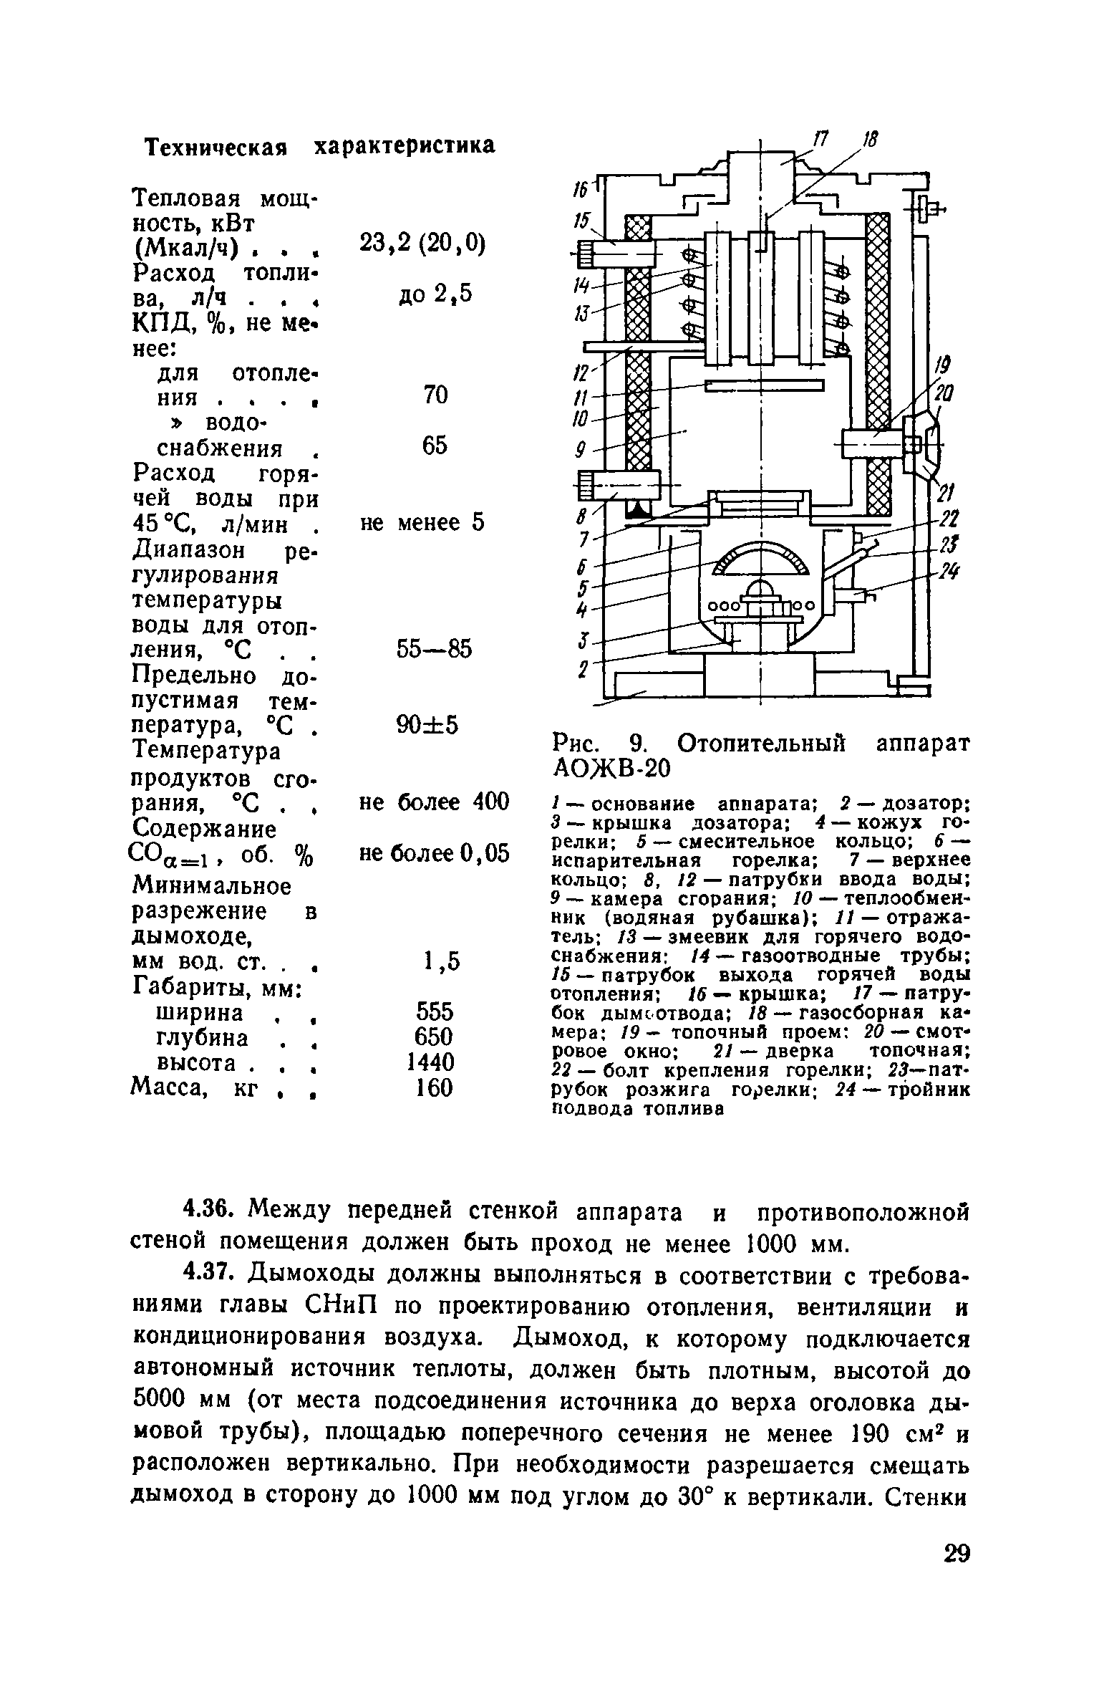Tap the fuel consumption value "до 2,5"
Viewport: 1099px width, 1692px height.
[435, 294]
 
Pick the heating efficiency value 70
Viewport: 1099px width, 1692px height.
[435, 395]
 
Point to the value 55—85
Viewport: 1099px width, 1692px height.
[435, 649]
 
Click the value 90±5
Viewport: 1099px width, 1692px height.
[435, 726]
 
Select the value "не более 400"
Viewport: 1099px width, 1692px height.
[434, 802]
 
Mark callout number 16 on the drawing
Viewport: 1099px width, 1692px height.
[579, 191]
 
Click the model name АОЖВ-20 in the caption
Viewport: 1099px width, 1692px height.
[611, 769]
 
